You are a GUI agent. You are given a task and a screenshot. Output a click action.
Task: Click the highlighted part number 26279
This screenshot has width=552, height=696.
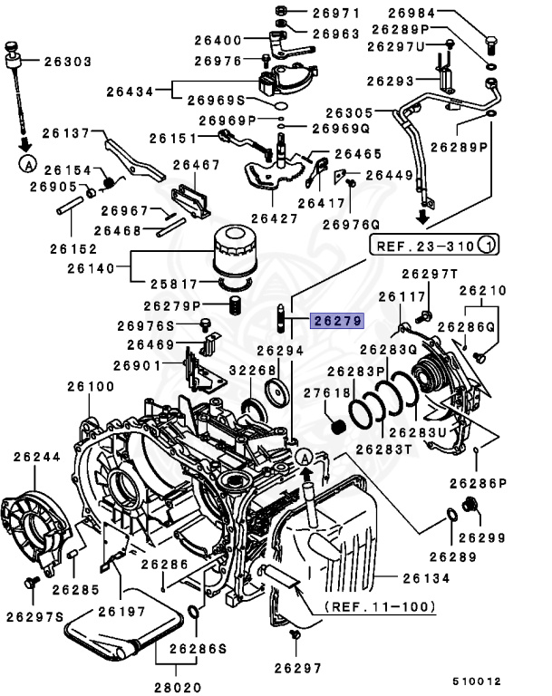pyautogui.click(x=336, y=320)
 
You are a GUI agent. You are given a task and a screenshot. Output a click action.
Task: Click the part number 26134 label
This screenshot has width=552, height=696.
pyautogui.click(x=424, y=576)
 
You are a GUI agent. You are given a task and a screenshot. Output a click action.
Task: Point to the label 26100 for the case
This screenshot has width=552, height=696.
pyautogui.click(x=91, y=386)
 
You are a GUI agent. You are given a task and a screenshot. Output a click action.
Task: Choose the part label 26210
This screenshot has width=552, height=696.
pyautogui.click(x=483, y=291)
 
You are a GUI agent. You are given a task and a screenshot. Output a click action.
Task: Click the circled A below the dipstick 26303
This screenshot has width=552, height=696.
pyautogui.click(x=28, y=164)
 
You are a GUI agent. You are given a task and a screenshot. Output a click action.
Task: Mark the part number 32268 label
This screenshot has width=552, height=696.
pyautogui.click(x=227, y=371)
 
